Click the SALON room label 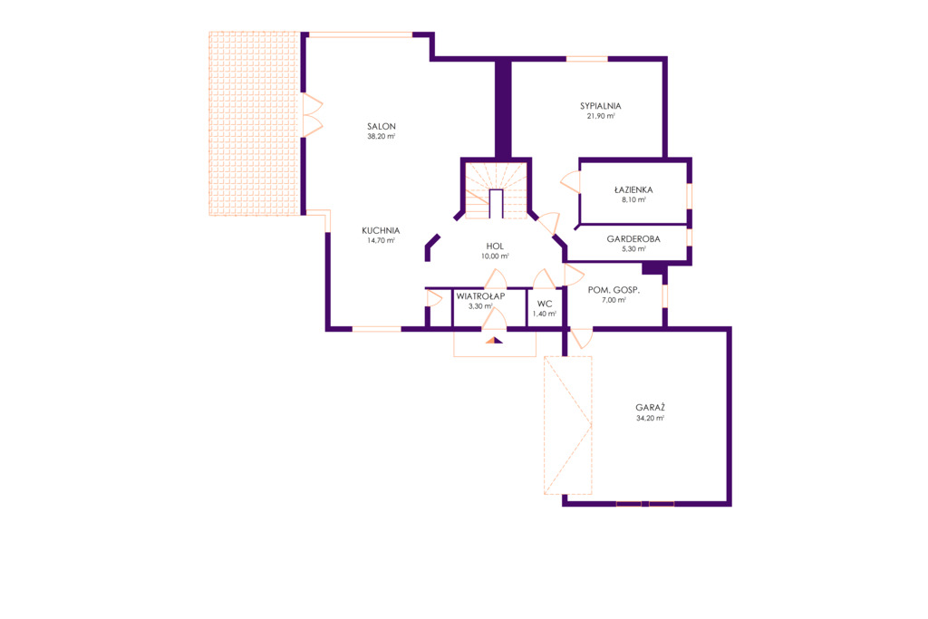382,126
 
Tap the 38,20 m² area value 382,136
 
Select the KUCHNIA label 382,230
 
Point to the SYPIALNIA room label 601,106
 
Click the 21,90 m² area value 601,116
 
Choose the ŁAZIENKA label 633,190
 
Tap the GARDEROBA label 633,239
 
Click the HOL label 495,247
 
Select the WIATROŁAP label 480,295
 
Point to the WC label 545,304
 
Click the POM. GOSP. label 614,290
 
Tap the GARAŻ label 651,407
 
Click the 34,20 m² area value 651,418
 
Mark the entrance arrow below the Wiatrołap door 494,340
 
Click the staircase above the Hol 496,190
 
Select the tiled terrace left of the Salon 254,123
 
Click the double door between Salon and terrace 313,115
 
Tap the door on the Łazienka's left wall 571,181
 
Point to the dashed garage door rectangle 567,425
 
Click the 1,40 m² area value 545,314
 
